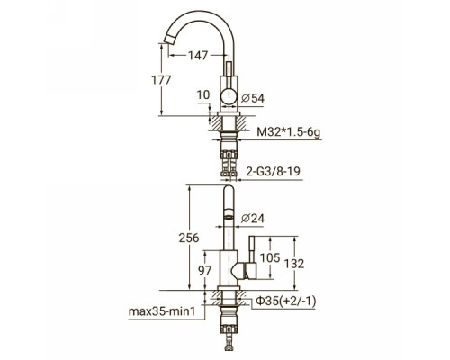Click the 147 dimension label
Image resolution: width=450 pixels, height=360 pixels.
198,56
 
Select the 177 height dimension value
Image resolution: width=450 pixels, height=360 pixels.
161,80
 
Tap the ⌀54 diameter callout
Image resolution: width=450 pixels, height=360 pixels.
253,98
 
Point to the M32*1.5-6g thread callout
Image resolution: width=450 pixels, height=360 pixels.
289,132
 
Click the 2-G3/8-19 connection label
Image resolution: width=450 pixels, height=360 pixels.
273,171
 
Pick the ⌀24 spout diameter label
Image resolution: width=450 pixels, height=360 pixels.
253,219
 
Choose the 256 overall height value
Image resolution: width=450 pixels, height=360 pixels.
189,238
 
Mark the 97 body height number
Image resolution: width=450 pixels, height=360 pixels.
205,270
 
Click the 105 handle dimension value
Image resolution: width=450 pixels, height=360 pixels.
270,257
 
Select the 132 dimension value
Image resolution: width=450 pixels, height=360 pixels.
294,264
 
